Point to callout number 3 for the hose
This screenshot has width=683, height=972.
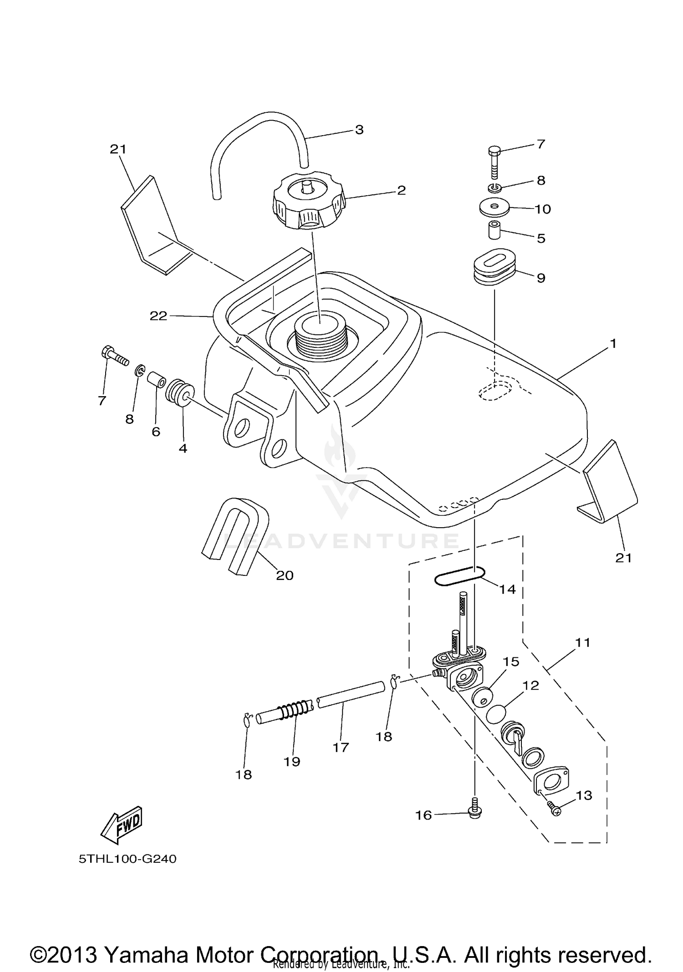pyautogui.click(x=359, y=130)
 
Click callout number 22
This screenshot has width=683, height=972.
pyautogui.click(x=158, y=316)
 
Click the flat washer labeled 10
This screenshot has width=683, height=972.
pyautogui.click(x=494, y=207)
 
